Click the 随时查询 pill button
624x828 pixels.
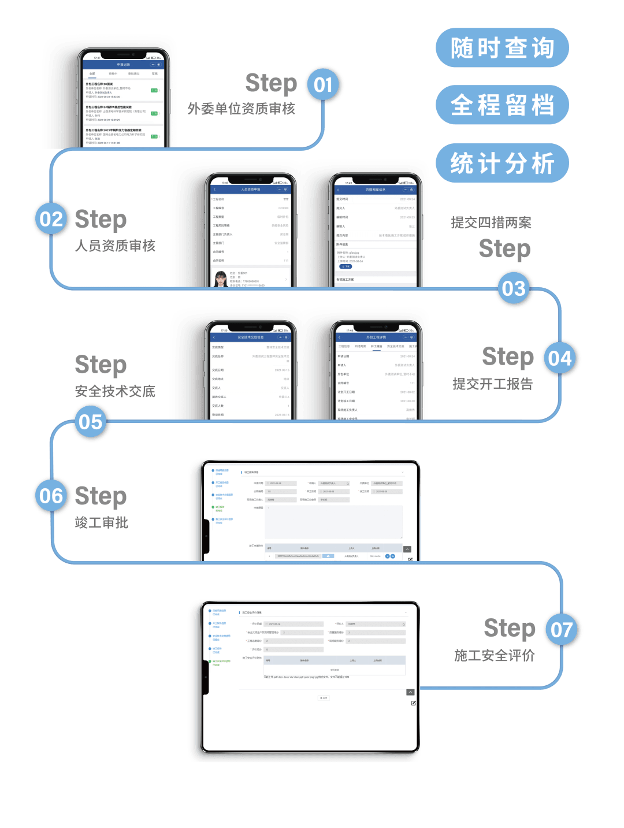tap(502, 48)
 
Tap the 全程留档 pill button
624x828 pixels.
tap(502, 105)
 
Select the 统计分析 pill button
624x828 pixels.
tap(502, 164)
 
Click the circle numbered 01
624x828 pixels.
tap(324, 86)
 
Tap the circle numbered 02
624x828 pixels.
tap(51, 220)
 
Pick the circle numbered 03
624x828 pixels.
tap(514, 288)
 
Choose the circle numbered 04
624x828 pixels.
tap(560, 358)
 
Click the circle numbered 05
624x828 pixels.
tap(91, 422)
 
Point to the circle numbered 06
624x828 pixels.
tap(51, 496)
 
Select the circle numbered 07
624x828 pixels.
tap(562, 630)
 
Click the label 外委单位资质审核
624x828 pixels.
tap(242, 109)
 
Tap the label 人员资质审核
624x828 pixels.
tap(116, 246)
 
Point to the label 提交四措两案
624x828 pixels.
tap(491, 222)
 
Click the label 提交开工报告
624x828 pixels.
tap(492, 384)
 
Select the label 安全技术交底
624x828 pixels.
tap(116, 391)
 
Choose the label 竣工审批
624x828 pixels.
tap(102, 523)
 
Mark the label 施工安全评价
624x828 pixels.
tap(495, 655)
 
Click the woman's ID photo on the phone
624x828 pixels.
tap(220, 279)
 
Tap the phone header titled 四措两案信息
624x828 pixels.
tap(376, 190)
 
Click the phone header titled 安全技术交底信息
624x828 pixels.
tap(250, 337)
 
